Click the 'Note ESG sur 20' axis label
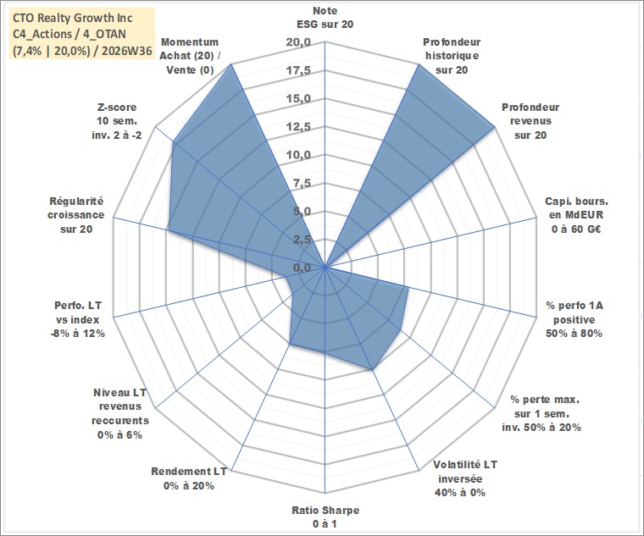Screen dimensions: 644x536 pos(325,17)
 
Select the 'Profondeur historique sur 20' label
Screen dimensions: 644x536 pos(452,56)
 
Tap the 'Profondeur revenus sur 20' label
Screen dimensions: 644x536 pos(530,121)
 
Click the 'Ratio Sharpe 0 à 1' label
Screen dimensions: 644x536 pos(325,517)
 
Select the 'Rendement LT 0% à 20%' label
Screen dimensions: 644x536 pos(188,478)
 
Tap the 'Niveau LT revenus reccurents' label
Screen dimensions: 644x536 pos(120,413)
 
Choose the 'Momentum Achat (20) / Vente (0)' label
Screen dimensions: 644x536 pos(189,56)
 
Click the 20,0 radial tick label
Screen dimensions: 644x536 pos(298,42)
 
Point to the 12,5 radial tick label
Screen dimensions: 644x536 pos(298,127)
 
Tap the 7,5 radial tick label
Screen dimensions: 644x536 pos(302,184)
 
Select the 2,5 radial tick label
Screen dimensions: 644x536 pos(302,240)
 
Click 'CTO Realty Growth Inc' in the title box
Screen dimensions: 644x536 pos(73,18)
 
